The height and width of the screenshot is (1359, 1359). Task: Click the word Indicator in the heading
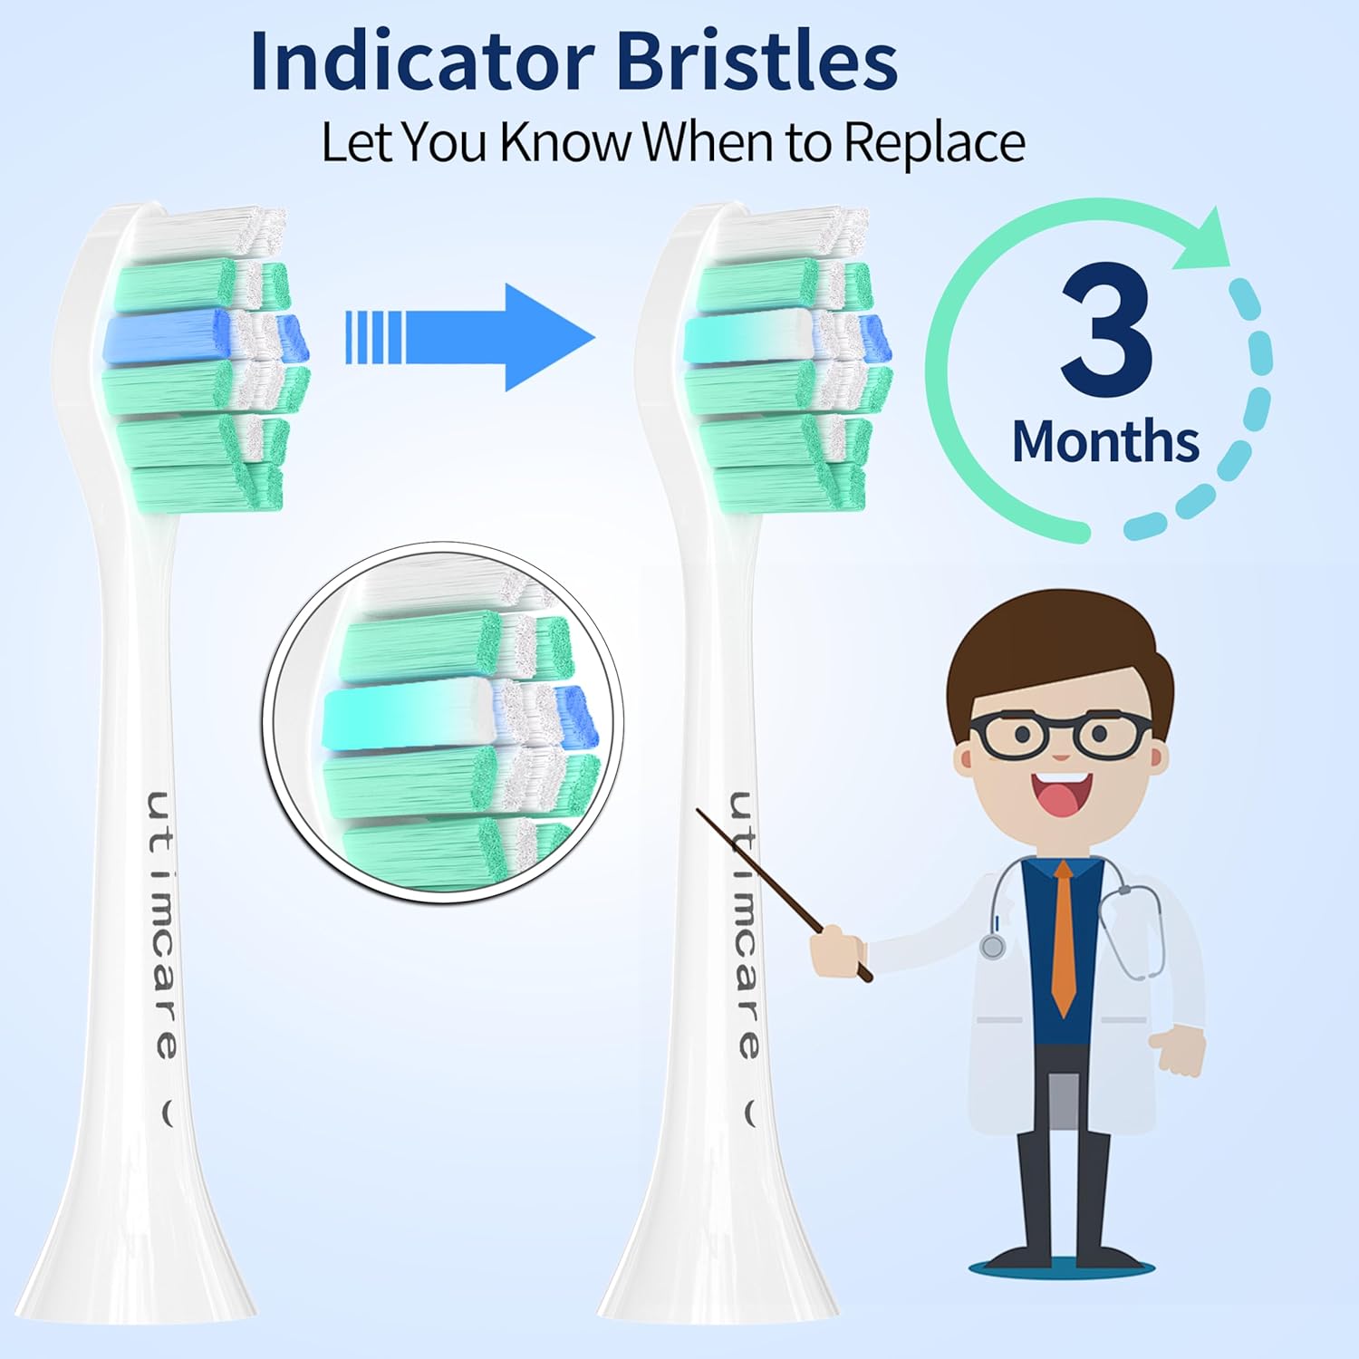(421, 62)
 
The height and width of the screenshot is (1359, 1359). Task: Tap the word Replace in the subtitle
(933, 143)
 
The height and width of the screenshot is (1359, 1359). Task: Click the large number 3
(1105, 331)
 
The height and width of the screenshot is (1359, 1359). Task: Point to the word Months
(1105, 441)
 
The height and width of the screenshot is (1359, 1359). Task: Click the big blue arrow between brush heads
(471, 338)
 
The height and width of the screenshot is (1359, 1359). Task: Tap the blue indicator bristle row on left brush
(168, 335)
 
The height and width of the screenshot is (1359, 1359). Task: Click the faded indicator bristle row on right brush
(747, 335)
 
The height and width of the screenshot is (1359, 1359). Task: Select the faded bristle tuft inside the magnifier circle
(408, 716)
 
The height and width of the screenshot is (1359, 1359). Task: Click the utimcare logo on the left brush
(163, 924)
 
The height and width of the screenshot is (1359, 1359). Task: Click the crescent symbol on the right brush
(750, 1113)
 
